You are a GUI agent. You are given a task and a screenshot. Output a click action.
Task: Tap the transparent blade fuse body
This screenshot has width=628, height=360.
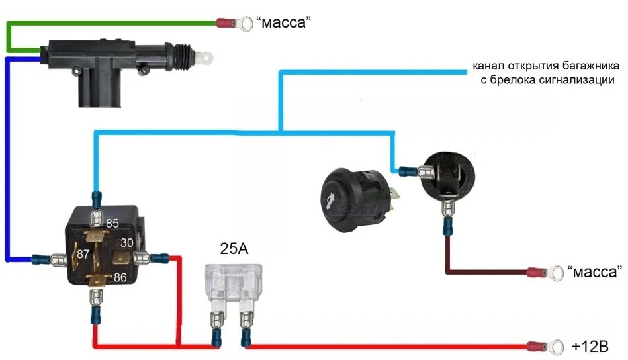pyautogui.click(x=234, y=281)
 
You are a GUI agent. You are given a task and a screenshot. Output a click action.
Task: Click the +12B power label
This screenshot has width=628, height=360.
pyautogui.click(x=590, y=346)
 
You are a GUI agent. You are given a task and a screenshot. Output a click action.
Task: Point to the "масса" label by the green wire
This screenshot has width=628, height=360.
pyautogui.click(x=283, y=24)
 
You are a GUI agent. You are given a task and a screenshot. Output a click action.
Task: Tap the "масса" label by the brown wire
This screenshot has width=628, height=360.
pyautogui.click(x=595, y=271)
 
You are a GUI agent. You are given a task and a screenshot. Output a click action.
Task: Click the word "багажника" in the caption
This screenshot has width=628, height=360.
pyautogui.click(x=587, y=66)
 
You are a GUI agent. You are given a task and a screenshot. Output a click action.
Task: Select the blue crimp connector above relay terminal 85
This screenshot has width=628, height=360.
pyautogui.click(x=97, y=199)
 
